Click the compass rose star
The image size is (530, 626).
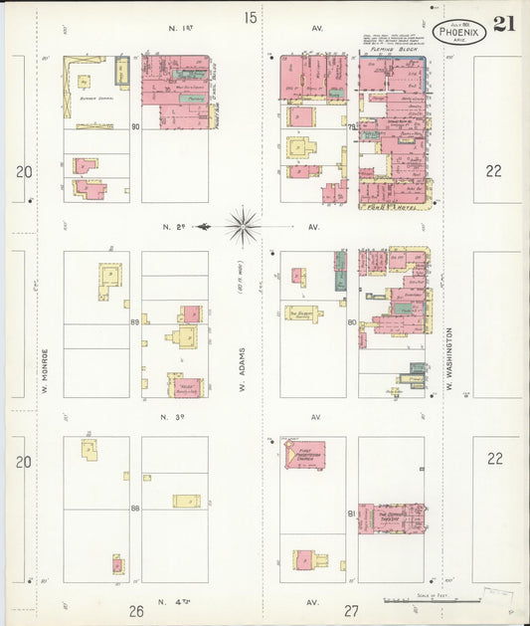point(243,226)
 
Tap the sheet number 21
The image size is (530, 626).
point(503,23)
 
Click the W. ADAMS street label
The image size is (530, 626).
point(242,364)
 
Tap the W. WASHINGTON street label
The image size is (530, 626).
point(449,358)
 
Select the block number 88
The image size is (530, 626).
point(135,509)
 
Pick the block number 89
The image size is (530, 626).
point(135,322)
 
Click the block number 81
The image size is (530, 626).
point(352,513)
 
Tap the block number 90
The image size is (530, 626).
point(135,126)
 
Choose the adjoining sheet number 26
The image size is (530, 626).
point(136,610)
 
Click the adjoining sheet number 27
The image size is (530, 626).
point(351,610)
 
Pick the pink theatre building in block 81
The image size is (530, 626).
point(391,517)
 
